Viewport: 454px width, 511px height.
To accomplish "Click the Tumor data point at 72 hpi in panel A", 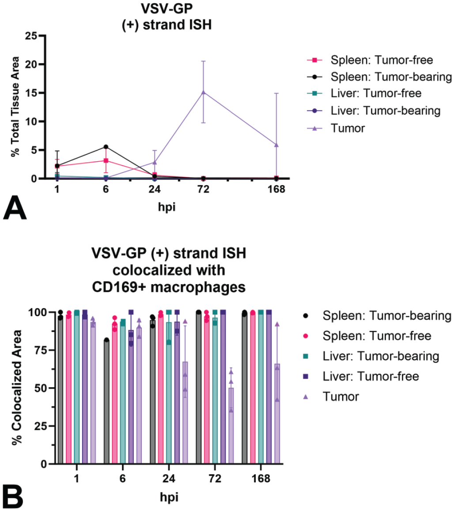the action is click(204, 92).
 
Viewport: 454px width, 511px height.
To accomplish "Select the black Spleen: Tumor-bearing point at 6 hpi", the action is click(106, 147).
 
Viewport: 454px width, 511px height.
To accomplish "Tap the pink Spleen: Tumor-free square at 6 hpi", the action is click(106, 160).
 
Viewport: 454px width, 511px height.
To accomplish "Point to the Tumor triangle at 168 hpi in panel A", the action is click(276, 145).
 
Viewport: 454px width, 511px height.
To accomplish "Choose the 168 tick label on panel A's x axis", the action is click(276, 189).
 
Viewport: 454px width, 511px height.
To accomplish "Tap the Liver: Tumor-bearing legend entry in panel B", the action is click(371, 356).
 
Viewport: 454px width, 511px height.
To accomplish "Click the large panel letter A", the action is click(15, 208).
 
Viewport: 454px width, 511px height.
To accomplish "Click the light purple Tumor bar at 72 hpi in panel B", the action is click(231, 426).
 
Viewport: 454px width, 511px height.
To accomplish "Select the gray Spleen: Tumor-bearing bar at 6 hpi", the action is click(106, 402).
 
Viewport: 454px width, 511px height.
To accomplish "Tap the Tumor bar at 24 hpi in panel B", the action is click(185, 412).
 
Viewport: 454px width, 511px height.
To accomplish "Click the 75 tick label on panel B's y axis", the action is click(42, 350).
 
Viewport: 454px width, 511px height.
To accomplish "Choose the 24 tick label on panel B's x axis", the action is click(169, 478).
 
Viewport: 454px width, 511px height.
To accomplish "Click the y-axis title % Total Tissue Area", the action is click(15, 107).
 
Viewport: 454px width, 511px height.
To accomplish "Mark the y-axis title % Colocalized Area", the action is click(16, 388).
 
